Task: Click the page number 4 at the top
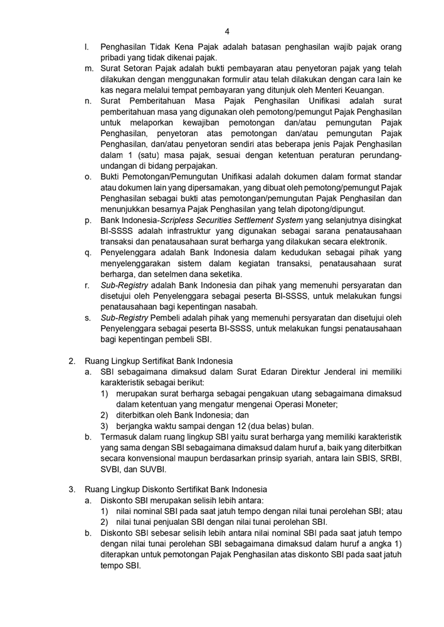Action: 227,31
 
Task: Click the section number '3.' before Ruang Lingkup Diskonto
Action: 72,490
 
